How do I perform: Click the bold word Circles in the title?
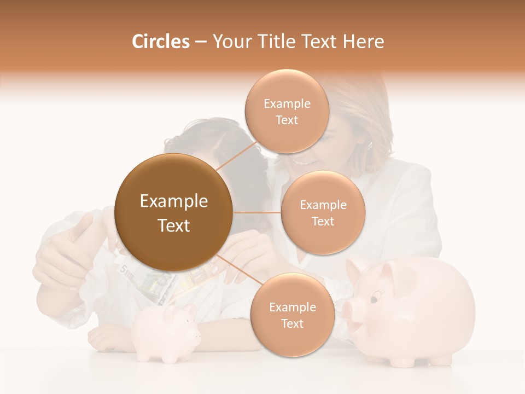[160, 42]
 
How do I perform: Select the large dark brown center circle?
[174, 213]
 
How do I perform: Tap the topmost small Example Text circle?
[287, 112]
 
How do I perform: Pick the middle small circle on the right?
[323, 213]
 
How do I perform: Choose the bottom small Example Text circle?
[292, 315]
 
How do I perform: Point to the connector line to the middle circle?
[257, 212]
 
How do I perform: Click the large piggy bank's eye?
[374, 299]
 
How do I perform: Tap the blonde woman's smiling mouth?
[300, 163]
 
